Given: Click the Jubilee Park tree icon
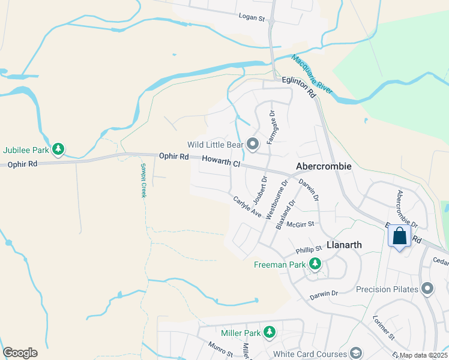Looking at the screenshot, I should tap(58, 148).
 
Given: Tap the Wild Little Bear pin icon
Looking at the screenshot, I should tap(253, 143).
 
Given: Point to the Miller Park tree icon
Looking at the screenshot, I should tap(270, 332).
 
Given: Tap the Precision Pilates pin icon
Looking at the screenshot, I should tap(427, 289).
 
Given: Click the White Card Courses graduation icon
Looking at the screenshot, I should tap(356, 353).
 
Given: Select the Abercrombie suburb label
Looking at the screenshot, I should tap(324, 166).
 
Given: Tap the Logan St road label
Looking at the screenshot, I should tap(252, 18).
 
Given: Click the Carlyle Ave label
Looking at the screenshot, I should tap(247, 206).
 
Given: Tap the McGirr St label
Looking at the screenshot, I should tap(300, 224).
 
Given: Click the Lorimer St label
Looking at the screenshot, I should tap(382, 328).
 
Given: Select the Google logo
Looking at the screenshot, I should tap(20, 353).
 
